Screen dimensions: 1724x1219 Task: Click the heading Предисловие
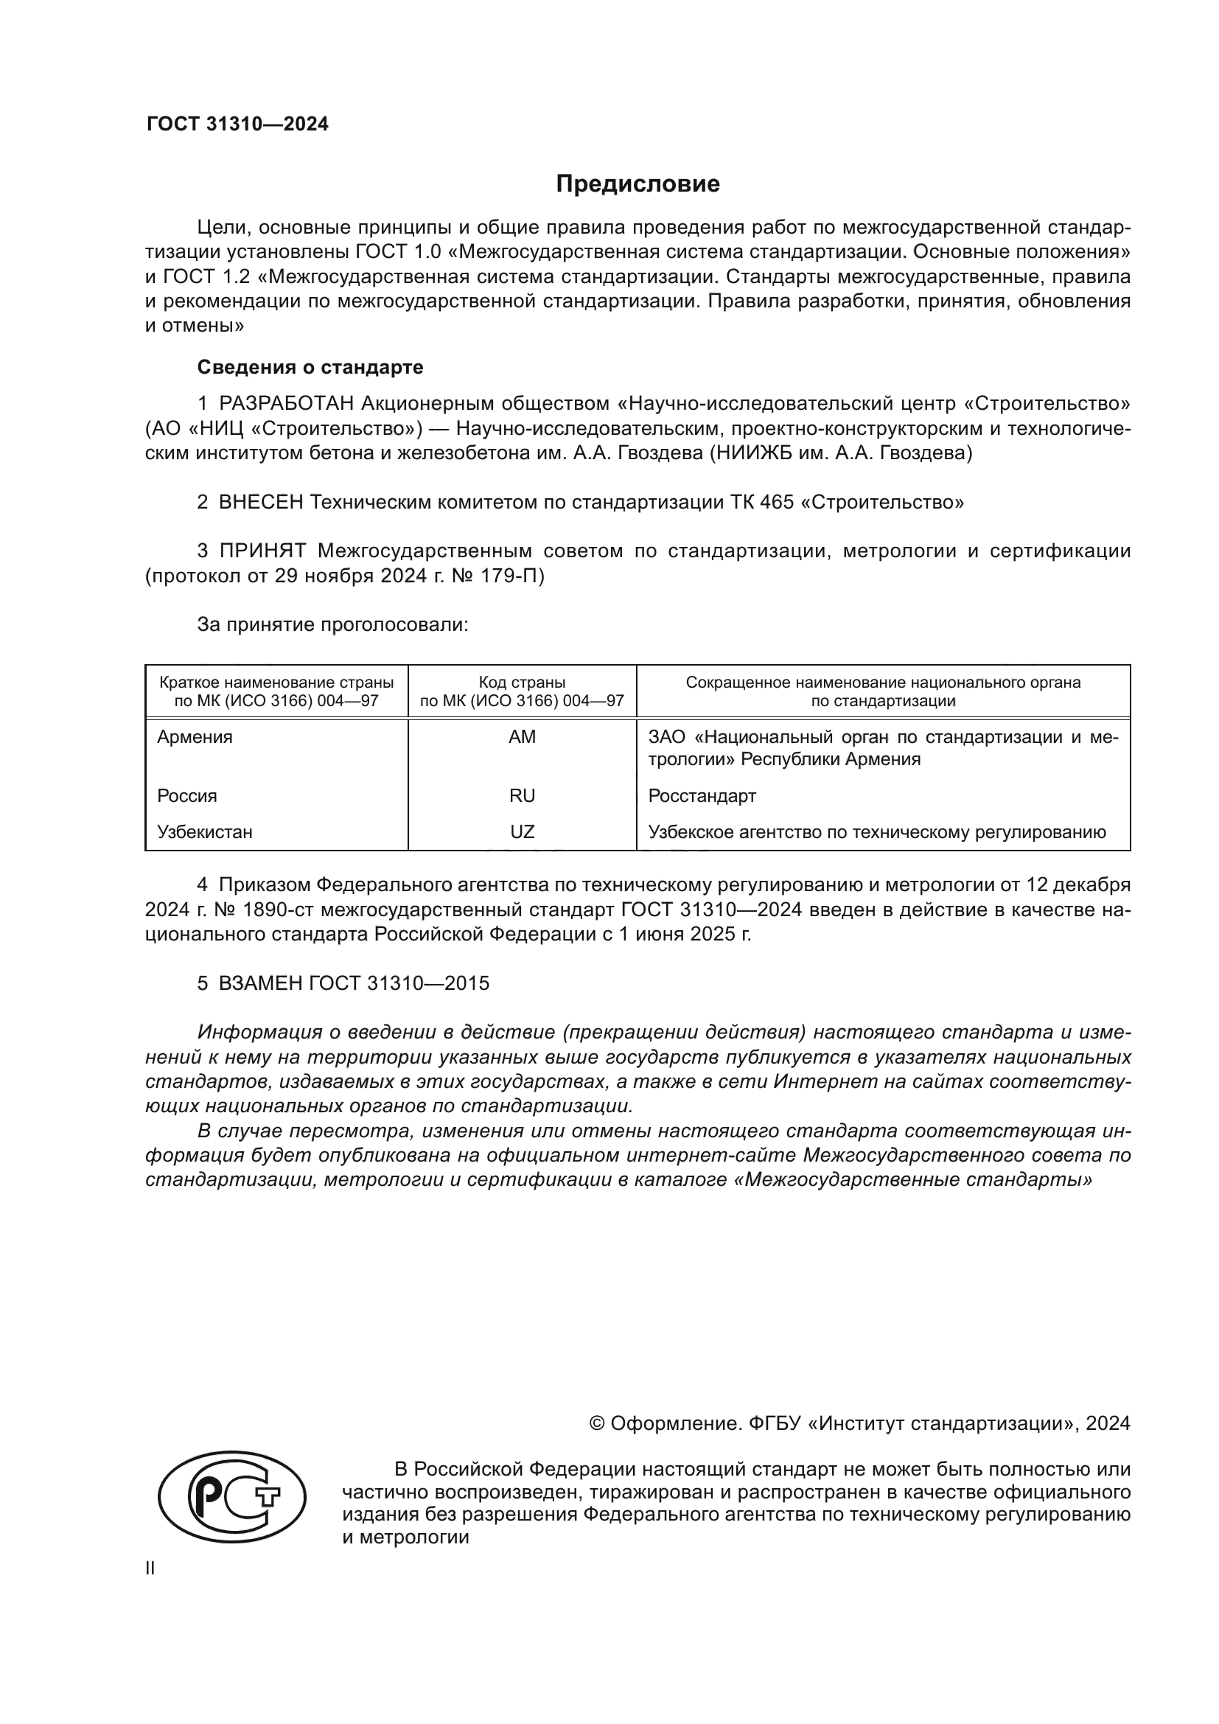638,184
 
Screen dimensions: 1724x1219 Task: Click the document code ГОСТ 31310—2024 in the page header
237,125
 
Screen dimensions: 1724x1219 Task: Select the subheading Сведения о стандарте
310,367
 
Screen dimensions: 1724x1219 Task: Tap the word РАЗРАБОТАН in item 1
286,404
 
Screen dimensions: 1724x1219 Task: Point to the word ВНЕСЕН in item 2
261,502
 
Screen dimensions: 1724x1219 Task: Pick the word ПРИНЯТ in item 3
262,551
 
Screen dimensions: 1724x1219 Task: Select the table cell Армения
195,736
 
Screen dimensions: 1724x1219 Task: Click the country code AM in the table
522,736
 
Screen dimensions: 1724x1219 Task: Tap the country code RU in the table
522,795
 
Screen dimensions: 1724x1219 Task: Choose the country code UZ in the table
522,831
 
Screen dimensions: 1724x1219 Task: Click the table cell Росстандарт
702,795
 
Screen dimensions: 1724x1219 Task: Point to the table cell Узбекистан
204,831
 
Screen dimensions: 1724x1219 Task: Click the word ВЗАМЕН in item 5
261,983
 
